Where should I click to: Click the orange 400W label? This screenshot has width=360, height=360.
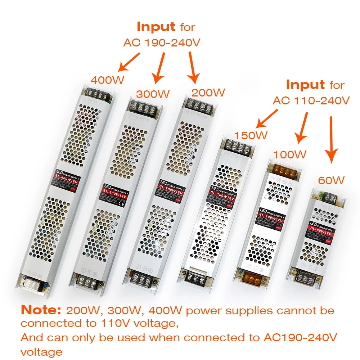(x=107, y=80)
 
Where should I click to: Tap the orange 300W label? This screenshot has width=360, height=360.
(x=153, y=94)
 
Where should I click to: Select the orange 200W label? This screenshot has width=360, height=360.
(x=208, y=93)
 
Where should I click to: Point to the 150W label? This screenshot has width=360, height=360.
(x=251, y=135)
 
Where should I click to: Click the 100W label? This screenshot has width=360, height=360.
(x=290, y=154)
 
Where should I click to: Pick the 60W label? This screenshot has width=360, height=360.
(x=331, y=180)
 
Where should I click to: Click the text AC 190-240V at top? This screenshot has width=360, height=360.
(x=162, y=42)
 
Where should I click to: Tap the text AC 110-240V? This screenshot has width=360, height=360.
(x=311, y=100)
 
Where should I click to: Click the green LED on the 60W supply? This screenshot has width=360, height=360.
(x=318, y=196)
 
